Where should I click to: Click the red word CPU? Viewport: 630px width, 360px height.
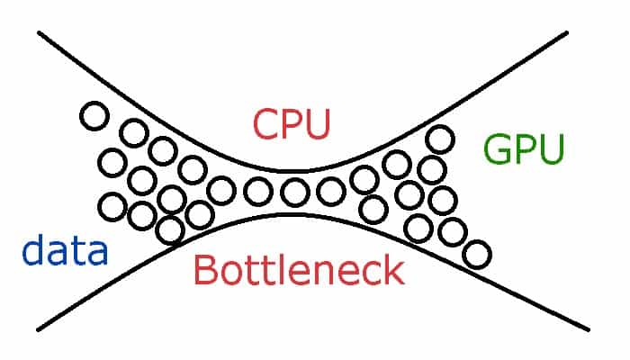point(292,124)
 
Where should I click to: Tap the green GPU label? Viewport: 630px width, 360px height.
point(524,149)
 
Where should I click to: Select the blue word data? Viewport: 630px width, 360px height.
point(65,249)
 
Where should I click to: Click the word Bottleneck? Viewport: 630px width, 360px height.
point(299,270)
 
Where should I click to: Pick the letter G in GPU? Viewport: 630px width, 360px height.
point(498,149)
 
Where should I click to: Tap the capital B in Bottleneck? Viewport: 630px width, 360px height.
point(205,270)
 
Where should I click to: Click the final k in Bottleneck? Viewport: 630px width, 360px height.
point(394,270)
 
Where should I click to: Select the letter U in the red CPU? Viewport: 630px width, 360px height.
point(318,124)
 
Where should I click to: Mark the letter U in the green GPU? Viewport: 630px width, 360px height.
point(552,149)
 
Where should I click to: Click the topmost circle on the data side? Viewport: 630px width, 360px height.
point(94,116)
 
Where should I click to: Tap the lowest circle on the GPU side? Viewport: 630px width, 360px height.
point(477,254)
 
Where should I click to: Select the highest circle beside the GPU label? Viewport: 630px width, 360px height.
point(440,139)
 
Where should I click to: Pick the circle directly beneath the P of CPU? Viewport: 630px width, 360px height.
point(295,192)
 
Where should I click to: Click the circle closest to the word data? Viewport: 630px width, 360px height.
point(112,207)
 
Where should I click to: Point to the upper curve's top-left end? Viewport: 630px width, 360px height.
point(39,32)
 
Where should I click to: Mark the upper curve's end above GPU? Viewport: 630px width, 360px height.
point(566,32)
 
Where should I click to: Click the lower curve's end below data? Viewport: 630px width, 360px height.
point(38,330)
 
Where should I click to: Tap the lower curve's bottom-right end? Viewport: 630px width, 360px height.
point(589,330)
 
